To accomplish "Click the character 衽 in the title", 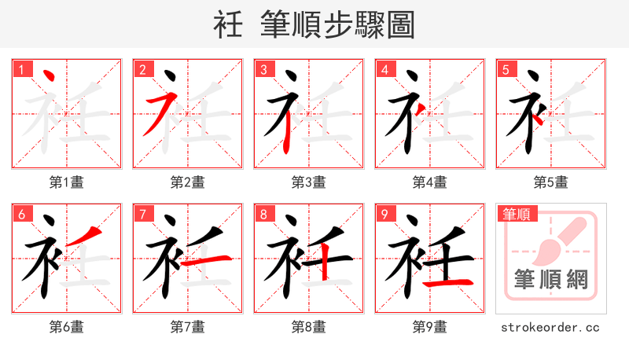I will point(228,25).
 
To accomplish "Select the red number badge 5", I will point(506,69).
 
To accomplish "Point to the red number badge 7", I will point(142,214).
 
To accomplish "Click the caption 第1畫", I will point(67,182).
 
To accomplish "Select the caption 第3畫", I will point(309,182).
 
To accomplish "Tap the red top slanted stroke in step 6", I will point(90,233).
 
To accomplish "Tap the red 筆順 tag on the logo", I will point(515,214).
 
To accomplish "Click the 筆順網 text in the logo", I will point(551,279).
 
